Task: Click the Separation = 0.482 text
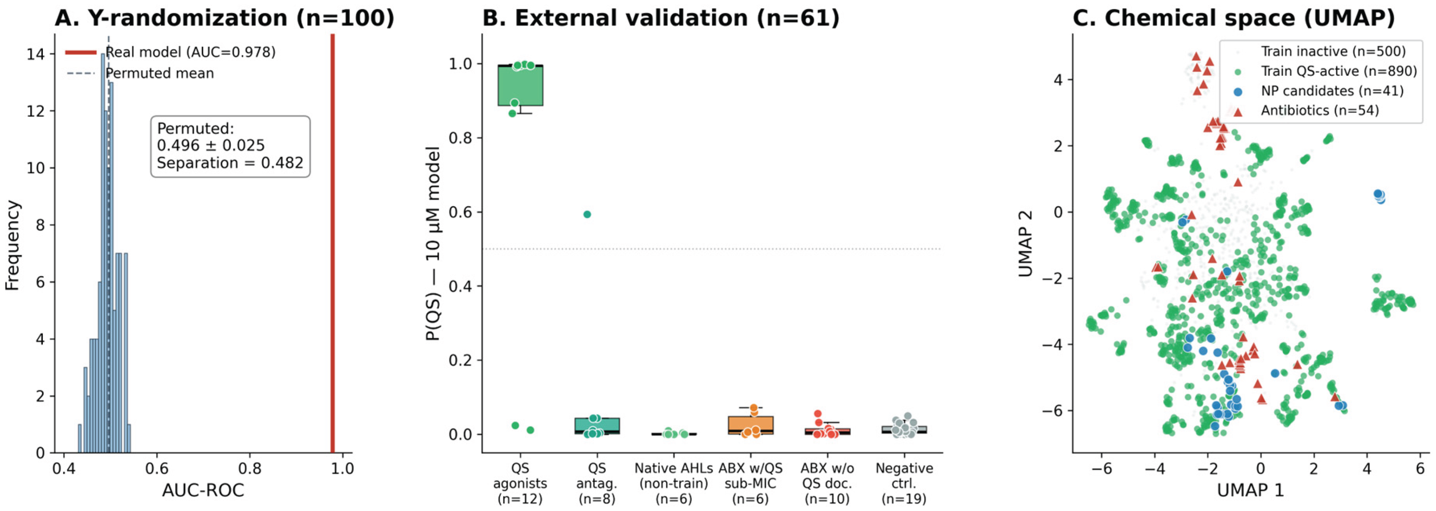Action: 230,163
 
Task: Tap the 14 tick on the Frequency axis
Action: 37,54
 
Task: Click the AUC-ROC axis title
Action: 203,490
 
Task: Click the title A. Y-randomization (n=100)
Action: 224,18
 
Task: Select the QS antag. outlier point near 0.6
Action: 587,214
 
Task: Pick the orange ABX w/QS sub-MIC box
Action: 750,425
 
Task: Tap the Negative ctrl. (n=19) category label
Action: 904,483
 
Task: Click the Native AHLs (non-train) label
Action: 673,476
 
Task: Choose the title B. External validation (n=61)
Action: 660,18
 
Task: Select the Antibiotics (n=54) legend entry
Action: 1320,110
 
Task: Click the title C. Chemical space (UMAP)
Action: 1233,18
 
